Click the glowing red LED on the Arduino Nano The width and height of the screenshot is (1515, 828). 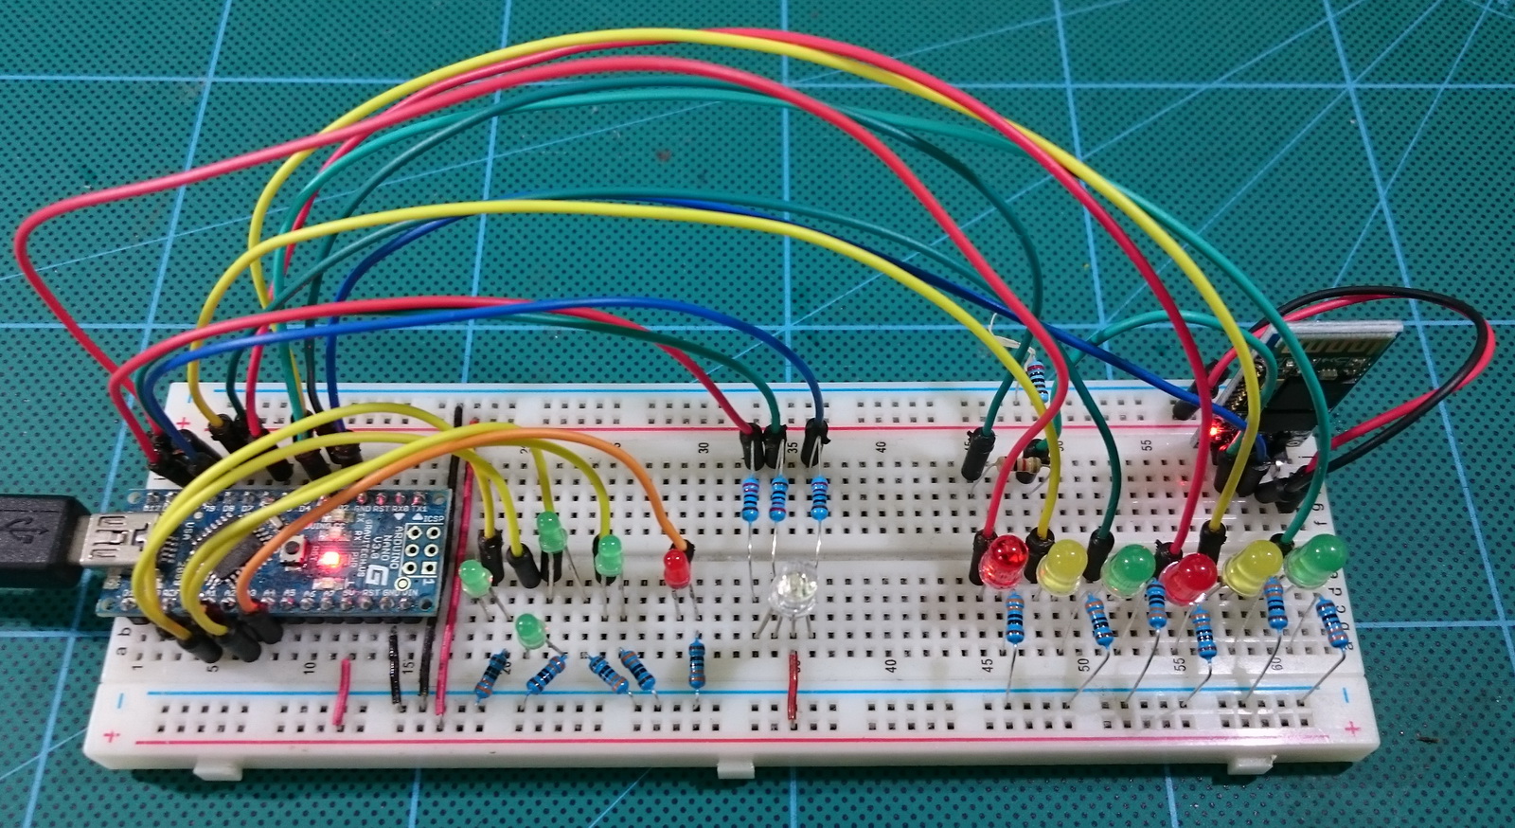click(x=330, y=557)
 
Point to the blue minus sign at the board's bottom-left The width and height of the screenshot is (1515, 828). click(x=121, y=701)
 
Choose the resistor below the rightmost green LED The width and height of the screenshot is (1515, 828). click(x=1332, y=621)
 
